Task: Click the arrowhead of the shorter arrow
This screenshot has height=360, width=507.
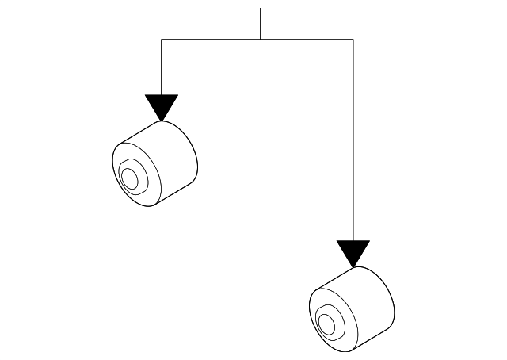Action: [162, 105]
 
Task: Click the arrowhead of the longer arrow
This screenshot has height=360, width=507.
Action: [353, 251]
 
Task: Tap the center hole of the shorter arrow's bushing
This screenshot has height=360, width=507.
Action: [129, 178]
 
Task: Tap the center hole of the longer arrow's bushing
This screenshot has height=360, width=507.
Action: [325, 323]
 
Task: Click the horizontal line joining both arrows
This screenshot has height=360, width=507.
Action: [214, 39]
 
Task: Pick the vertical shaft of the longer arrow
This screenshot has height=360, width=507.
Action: [353, 143]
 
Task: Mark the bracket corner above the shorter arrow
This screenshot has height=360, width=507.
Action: [162, 39]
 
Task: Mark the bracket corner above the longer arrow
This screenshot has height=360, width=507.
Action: [353, 39]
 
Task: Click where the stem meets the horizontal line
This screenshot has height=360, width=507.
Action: [260, 39]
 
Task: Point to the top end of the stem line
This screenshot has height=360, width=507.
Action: [260, 10]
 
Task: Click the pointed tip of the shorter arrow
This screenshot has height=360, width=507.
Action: [162, 120]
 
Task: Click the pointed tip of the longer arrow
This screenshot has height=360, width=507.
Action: [353, 266]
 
